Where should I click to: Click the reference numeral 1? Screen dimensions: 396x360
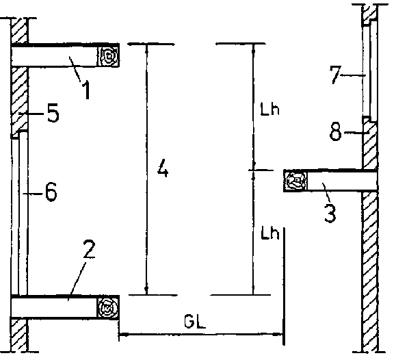pyautogui.click(x=87, y=90)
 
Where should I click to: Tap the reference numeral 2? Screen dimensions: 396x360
pyautogui.click(x=89, y=250)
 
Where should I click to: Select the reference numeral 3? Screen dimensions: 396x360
pyautogui.click(x=330, y=214)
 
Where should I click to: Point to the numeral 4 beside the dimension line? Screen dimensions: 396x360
pyautogui.click(x=163, y=168)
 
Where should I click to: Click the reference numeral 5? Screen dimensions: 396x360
pyautogui.click(x=53, y=113)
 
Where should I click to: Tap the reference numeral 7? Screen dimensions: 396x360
pyautogui.click(x=335, y=75)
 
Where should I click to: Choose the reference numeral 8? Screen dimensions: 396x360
pyautogui.click(x=336, y=131)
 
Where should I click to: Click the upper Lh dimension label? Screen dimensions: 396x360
pyautogui.click(x=270, y=110)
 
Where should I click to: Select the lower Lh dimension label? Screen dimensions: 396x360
pyautogui.click(x=270, y=233)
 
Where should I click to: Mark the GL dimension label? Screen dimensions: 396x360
pyautogui.click(x=195, y=322)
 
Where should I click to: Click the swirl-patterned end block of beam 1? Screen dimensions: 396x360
pyautogui.click(x=109, y=56)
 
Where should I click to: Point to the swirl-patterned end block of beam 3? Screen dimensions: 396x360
pyautogui.click(x=295, y=181)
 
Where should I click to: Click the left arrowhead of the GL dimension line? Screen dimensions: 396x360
pyautogui.click(x=123, y=335)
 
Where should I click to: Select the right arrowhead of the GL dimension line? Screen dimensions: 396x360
pyautogui.click(x=278, y=335)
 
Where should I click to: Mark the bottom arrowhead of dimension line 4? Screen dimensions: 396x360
pyautogui.click(x=146, y=290)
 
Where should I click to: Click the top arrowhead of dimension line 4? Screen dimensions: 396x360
pyautogui.click(x=146, y=49)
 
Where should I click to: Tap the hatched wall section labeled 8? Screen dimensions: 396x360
pyautogui.click(x=370, y=143)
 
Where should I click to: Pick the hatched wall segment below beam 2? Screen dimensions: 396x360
pyautogui.click(x=19, y=335)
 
